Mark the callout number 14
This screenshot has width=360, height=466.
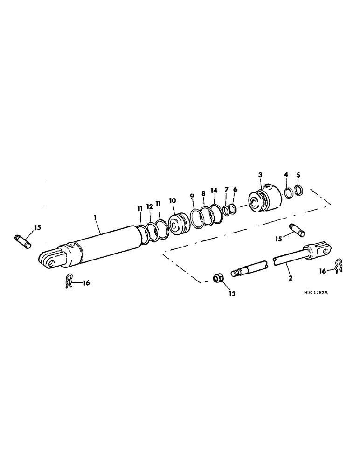[x=214, y=191]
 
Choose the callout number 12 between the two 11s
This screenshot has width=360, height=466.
[x=149, y=206]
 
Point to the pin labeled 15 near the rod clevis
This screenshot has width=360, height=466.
[x=296, y=229]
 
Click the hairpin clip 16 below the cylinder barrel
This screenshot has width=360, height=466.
[x=70, y=282]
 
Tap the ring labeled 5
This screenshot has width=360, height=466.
[x=299, y=191]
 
